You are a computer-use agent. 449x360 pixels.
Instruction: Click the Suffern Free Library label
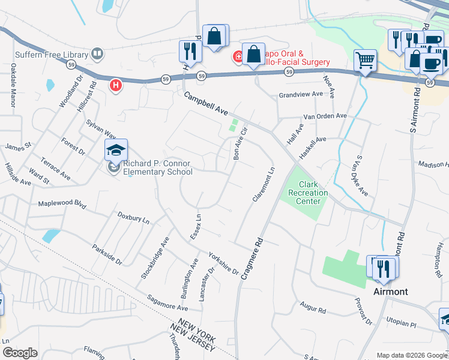(x=49, y=54)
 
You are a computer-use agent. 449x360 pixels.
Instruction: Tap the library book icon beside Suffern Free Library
(x=97, y=54)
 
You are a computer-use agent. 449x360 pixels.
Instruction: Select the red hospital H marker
(x=115, y=86)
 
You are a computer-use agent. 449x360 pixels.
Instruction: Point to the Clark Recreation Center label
(x=308, y=193)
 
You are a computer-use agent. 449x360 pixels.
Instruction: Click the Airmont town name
(x=390, y=292)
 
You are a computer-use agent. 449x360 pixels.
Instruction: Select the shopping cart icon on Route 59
(x=364, y=60)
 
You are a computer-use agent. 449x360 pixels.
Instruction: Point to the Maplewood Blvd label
(x=62, y=203)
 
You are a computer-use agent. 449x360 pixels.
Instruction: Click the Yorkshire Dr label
(x=223, y=262)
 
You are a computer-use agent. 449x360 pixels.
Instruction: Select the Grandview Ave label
(x=301, y=95)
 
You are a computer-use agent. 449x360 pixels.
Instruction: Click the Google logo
(x=20, y=353)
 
